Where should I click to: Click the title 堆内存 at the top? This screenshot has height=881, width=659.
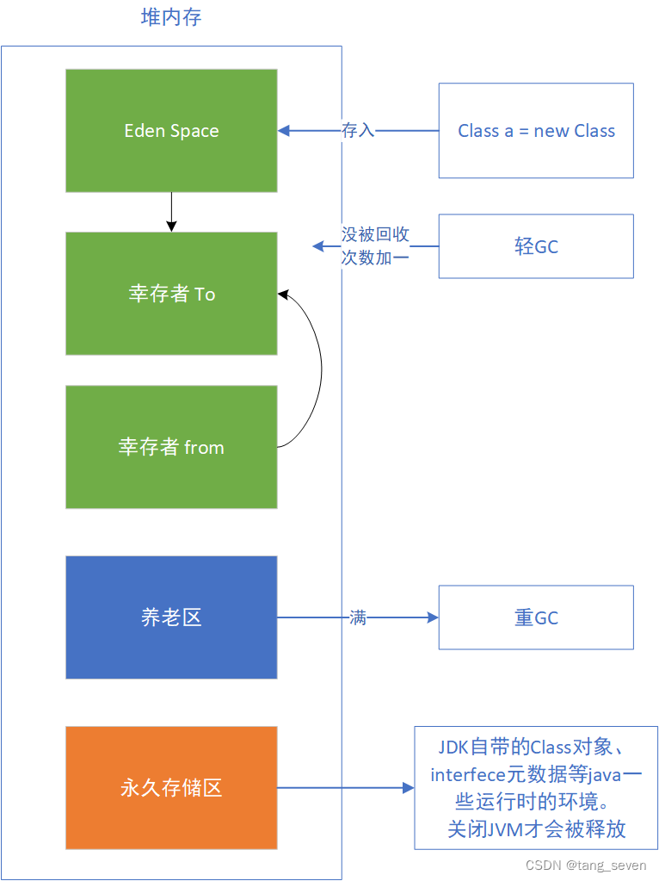tap(171, 17)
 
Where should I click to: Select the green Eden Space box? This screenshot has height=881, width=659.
tap(171, 131)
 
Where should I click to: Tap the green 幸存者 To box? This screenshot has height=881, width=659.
tap(171, 294)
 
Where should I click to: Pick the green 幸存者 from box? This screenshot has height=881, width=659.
tap(171, 447)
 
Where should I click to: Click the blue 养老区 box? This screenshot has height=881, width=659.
tap(171, 617)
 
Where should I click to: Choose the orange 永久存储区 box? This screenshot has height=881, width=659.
tap(171, 788)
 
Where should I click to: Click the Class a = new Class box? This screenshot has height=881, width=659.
tap(536, 131)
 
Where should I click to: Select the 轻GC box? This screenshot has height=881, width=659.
tap(536, 246)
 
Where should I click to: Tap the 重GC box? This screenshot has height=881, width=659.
tap(536, 617)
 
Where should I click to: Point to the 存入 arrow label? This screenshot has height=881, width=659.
tap(358, 130)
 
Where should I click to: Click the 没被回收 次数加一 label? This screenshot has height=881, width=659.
tap(375, 246)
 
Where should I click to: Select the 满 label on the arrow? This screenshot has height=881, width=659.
tap(358, 617)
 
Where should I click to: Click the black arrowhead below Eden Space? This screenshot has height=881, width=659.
tap(171, 226)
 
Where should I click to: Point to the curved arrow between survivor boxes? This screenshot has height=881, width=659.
tap(321, 368)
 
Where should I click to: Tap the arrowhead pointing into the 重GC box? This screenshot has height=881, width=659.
tap(433, 617)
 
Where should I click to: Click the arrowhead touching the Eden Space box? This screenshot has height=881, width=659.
tap(283, 131)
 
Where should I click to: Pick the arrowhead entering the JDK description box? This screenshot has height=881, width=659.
tap(409, 788)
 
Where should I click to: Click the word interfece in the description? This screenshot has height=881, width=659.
tap(468, 775)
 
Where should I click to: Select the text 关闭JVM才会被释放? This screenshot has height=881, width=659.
tap(536, 828)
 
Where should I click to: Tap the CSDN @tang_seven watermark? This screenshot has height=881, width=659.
tap(586, 865)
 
